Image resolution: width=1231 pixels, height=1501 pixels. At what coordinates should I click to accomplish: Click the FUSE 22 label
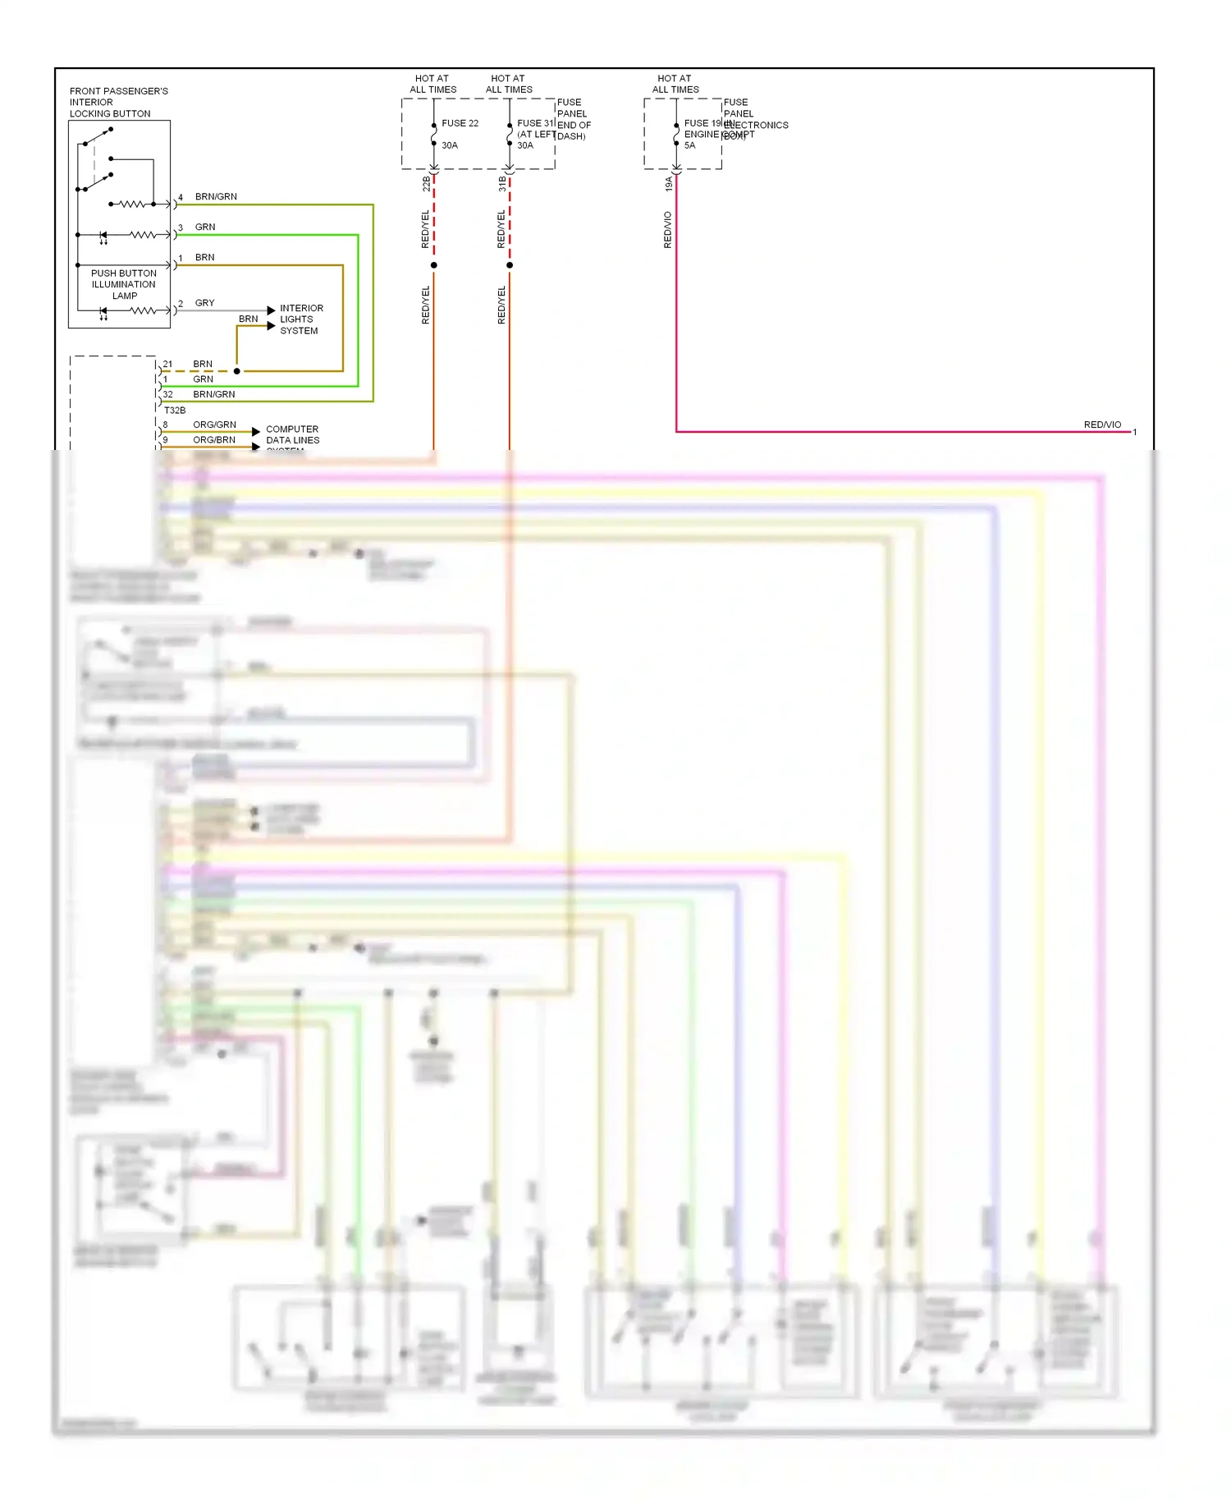pos(459,123)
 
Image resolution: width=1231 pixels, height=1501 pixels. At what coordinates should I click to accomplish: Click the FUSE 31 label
pos(535,123)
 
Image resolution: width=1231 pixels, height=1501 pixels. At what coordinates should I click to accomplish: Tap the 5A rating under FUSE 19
pos(689,145)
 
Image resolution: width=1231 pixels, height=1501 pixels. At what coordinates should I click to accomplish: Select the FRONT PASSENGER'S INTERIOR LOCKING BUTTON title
pos(118,103)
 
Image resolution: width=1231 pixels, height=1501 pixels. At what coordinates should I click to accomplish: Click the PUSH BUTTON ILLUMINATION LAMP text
pos(123,284)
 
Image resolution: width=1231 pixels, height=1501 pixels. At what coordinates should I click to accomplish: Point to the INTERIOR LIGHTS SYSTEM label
pos(300,319)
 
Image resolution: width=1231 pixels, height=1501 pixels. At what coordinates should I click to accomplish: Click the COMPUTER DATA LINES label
pos(292,435)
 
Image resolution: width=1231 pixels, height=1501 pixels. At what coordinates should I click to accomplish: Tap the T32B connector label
pos(175,410)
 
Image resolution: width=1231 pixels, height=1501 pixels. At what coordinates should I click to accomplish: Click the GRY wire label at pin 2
pos(204,303)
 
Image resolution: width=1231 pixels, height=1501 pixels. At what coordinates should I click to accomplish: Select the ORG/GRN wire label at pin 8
pos(214,425)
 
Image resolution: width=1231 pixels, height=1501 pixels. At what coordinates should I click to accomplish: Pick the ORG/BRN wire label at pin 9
pos(213,440)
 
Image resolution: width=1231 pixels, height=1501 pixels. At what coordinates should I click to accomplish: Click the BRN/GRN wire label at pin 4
pos(216,197)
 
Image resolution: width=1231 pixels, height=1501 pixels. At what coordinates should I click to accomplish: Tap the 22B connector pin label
pos(426,184)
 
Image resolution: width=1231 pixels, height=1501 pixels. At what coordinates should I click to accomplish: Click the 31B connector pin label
pos(502,184)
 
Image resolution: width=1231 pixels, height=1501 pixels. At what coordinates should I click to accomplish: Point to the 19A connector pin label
pos(668,184)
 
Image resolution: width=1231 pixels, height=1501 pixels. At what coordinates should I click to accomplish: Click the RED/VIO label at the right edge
pos(1101,425)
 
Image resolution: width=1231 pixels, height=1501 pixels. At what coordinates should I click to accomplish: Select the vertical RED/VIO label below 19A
pos(667,230)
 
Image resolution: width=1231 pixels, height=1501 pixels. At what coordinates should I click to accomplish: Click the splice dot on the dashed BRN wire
pos(237,371)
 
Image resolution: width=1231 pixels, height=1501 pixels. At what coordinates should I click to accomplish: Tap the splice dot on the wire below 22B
pos(433,265)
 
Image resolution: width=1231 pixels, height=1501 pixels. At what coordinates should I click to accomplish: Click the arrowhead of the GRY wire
pos(271,310)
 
